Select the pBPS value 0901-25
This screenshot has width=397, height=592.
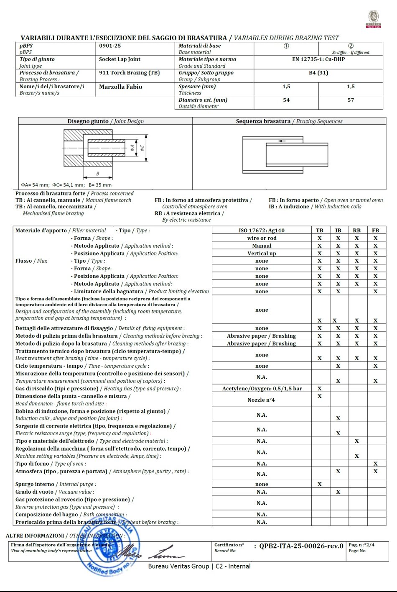click(x=110, y=46)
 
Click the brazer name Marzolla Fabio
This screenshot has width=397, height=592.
click(x=120, y=87)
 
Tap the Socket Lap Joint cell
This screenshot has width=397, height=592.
click(x=120, y=59)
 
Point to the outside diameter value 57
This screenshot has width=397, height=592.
click(x=351, y=100)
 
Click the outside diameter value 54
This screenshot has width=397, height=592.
click(x=286, y=100)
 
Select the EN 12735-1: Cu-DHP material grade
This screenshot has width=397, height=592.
click(x=318, y=59)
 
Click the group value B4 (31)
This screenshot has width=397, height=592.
click(x=318, y=72)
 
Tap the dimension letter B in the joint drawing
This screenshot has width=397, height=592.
click(x=97, y=174)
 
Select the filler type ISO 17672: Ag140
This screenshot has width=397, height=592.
click(x=262, y=230)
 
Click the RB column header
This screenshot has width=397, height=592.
click(x=356, y=230)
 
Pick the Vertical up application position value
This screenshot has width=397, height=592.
click(x=262, y=253)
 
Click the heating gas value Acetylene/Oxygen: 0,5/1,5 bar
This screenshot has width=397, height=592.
click(x=262, y=388)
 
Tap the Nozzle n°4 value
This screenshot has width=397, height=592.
click(x=261, y=400)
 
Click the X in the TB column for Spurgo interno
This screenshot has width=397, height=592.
click(x=319, y=484)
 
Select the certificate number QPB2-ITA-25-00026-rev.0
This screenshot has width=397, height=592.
click(x=301, y=546)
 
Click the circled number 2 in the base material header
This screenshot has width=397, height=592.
click(x=351, y=46)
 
